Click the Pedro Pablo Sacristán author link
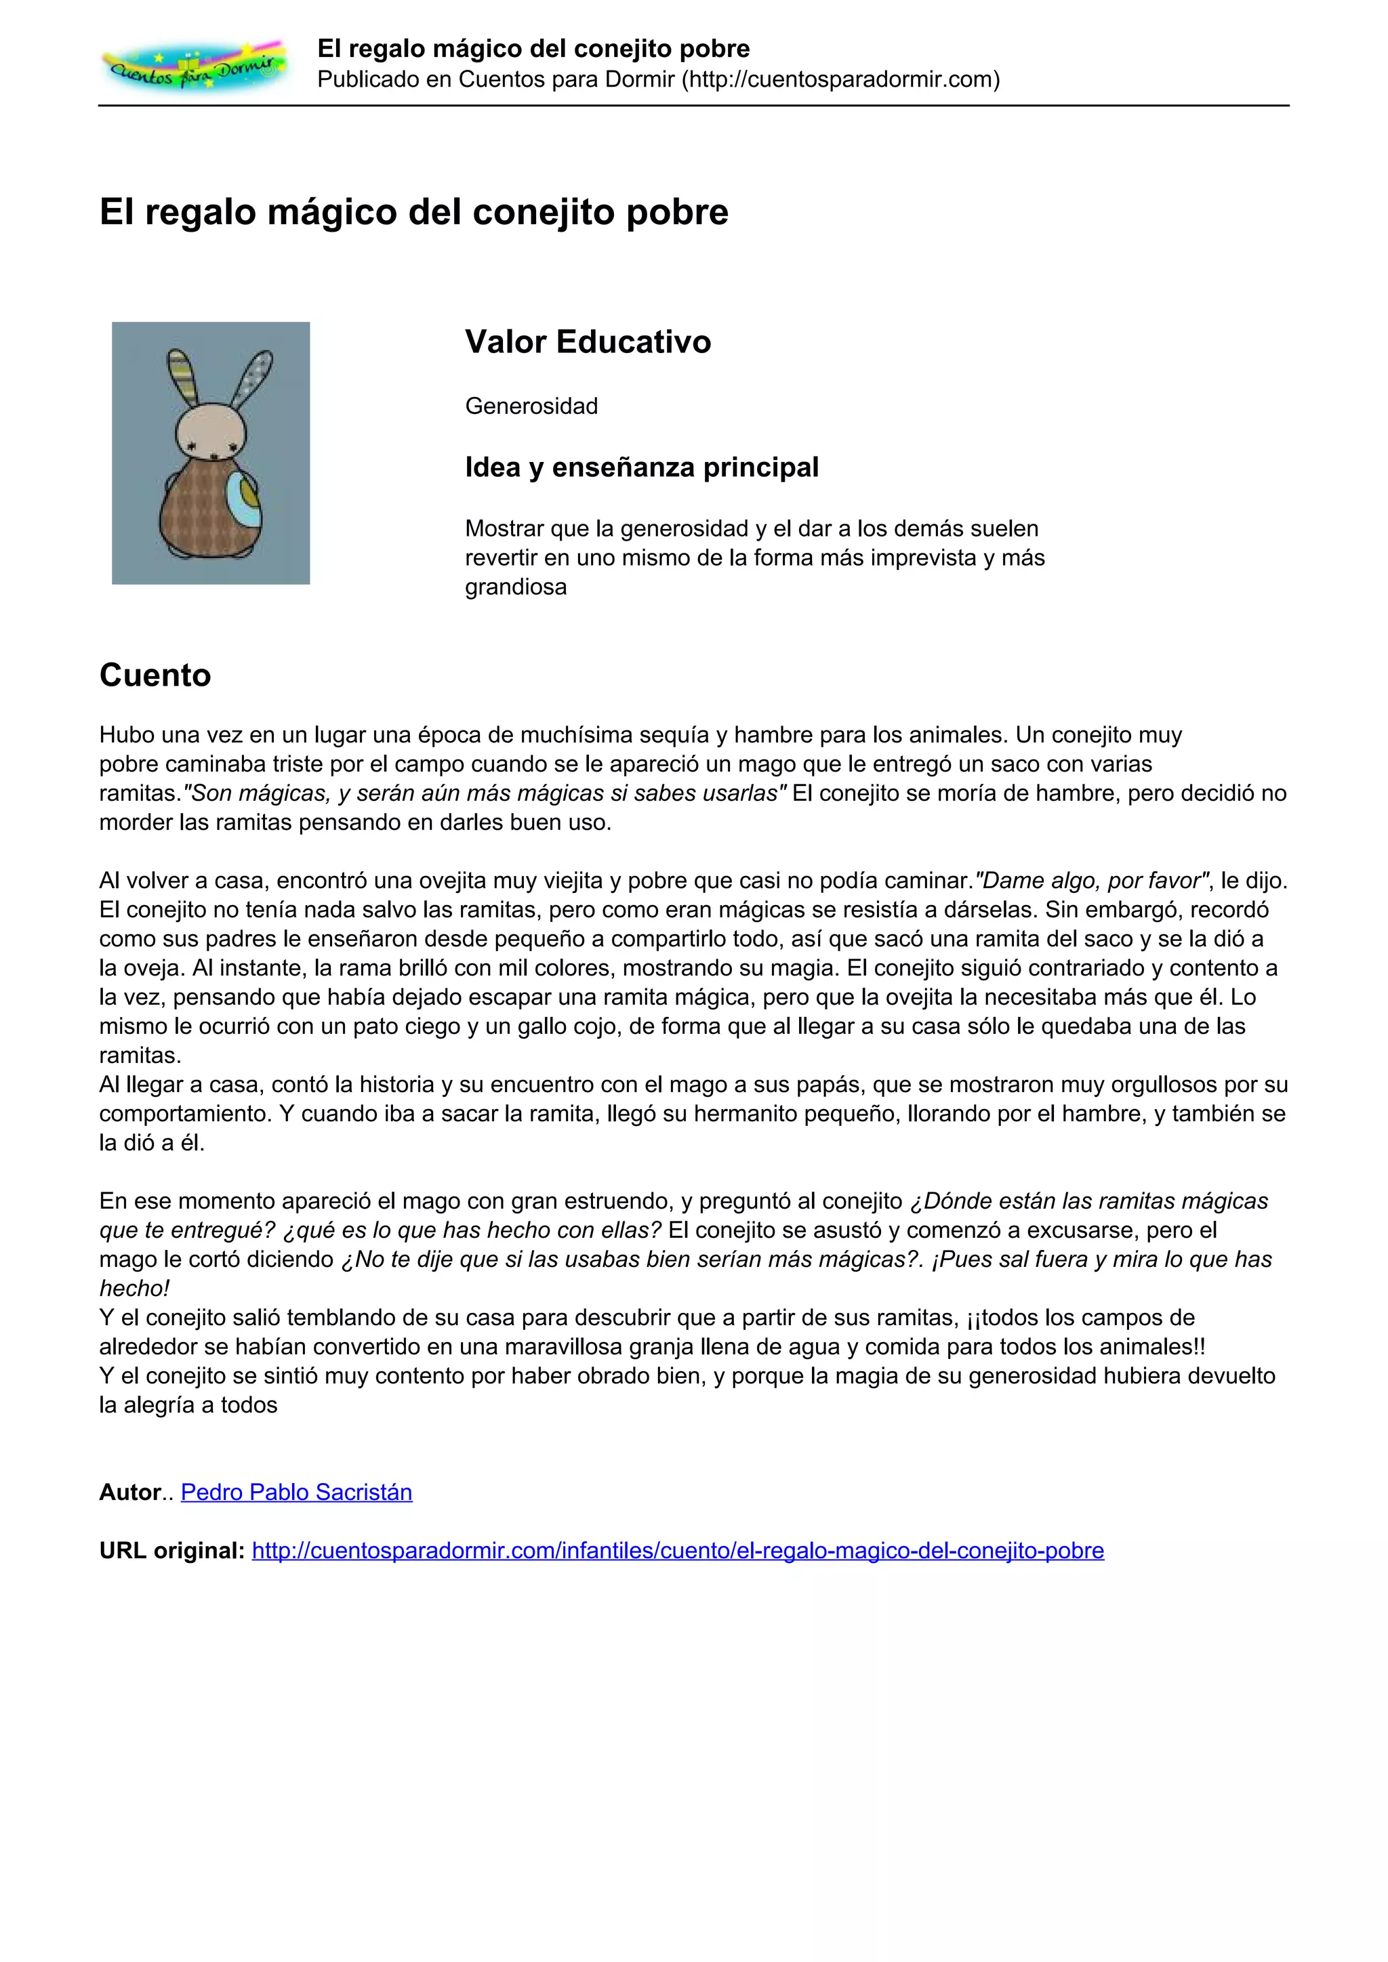(297, 1492)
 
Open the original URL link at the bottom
(678, 1550)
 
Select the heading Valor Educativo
(588, 342)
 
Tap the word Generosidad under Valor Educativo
(531, 406)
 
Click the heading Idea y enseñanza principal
(642, 467)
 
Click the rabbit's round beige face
(211, 432)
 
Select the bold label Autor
(130, 1492)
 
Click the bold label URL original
(171, 1550)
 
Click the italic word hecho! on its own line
(134, 1288)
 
